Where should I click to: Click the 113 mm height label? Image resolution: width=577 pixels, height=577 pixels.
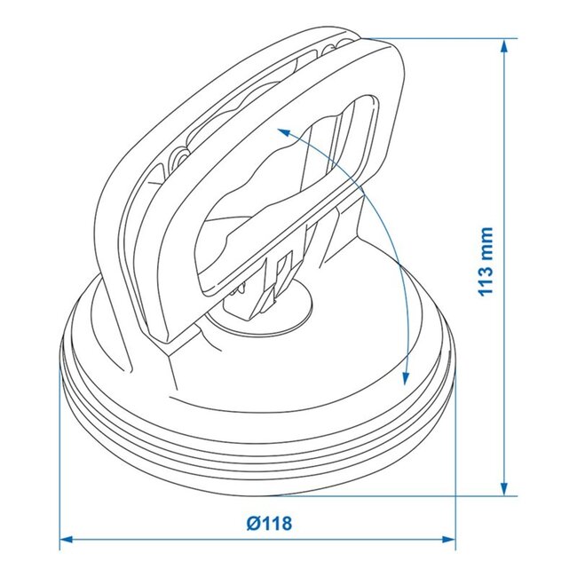pyautogui.click(x=484, y=263)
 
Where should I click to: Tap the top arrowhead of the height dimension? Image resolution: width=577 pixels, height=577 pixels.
pyautogui.click(x=505, y=44)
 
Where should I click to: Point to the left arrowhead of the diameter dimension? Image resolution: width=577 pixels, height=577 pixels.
pyautogui.click(x=67, y=539)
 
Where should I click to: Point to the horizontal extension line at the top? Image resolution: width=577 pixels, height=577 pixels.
pyautogui.click(x=444, y=38)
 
